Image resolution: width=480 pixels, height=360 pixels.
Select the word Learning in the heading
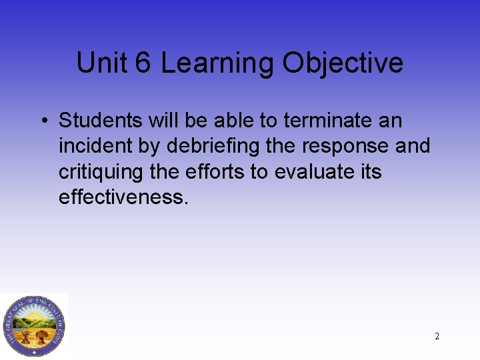pos(217,63)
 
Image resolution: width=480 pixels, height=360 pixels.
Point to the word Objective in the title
pos(343,63)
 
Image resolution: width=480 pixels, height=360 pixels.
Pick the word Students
pos(99,121)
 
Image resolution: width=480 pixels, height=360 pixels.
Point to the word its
pos(369,171)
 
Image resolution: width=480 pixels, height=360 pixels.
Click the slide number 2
pos(437,337)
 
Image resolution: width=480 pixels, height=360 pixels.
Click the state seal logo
pos(33,325)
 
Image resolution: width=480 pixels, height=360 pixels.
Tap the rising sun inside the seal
pos(33,313)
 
